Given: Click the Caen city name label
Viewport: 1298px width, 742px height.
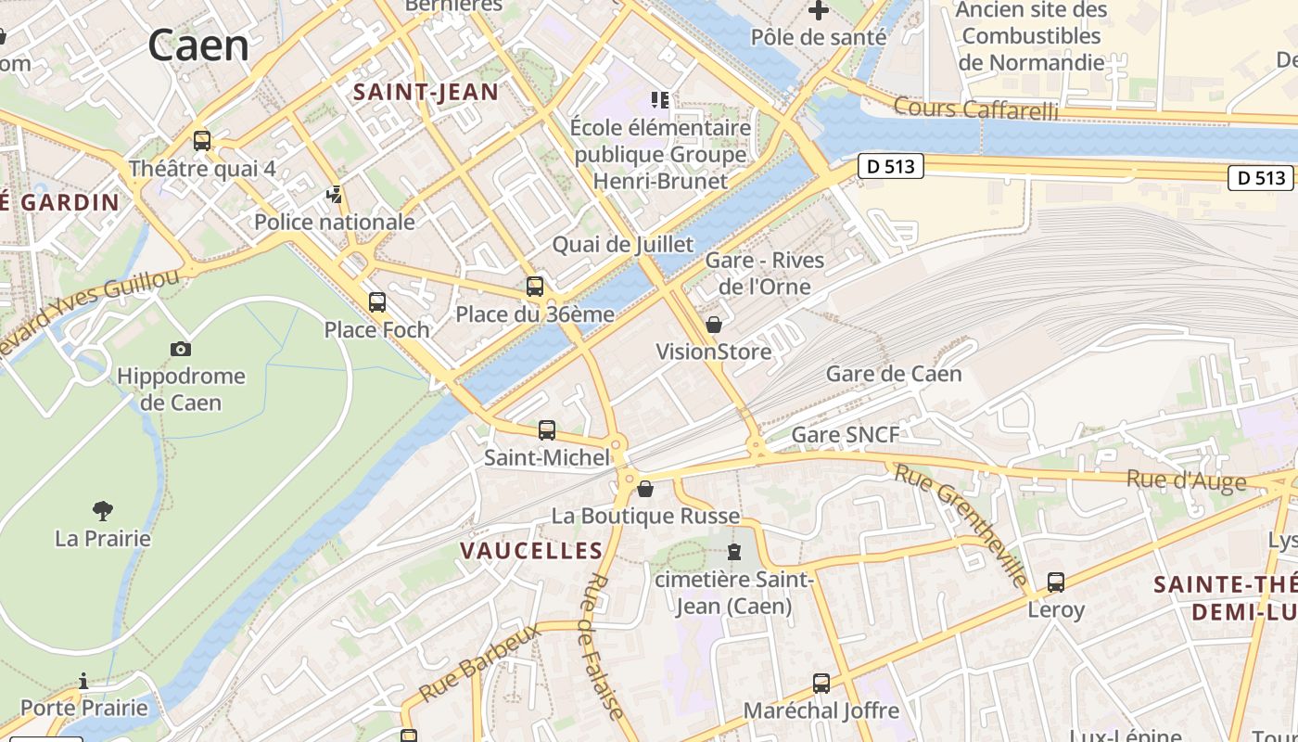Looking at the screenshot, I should (198, 45).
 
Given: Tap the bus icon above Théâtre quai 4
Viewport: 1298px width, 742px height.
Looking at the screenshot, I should (201, 141).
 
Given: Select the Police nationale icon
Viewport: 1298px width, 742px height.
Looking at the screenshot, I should (334, 195).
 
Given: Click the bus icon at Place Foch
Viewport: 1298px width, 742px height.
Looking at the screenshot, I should (376, 301).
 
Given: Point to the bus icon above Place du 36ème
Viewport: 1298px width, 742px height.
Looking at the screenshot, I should (534, 287).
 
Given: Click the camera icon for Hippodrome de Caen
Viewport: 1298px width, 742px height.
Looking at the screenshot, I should (181, 349).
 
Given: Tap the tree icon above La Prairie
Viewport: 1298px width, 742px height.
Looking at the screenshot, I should (103, 510).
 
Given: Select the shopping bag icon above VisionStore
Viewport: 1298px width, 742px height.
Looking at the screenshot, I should (714, 325).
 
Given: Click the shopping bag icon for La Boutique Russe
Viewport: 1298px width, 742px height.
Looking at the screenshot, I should (645, 488).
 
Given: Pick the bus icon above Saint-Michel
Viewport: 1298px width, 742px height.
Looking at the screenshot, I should (547, 430).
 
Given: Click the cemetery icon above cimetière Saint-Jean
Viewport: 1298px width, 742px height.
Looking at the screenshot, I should (734, 553).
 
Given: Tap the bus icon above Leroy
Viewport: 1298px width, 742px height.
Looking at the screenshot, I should (1055, 582).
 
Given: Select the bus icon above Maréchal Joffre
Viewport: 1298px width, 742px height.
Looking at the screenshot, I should (821, 684).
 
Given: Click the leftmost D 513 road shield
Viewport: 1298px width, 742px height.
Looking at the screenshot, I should (891, 166).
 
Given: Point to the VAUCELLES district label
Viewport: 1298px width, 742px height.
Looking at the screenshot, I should (532, 551).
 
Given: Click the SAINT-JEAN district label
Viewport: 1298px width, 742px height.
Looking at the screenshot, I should (426, 92).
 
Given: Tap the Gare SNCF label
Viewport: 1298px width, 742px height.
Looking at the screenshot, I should (845, 435).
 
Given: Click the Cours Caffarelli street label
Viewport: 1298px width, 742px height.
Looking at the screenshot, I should (975, 109).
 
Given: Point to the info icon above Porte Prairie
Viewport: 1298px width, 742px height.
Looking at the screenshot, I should (83, 682).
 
